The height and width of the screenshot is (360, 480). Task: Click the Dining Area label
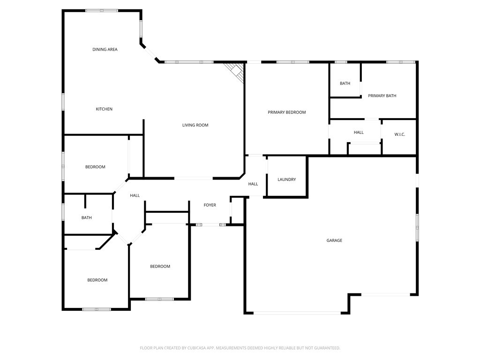105,49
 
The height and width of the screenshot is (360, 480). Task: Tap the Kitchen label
104,109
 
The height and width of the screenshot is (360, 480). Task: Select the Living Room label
195,125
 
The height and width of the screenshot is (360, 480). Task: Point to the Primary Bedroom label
286,112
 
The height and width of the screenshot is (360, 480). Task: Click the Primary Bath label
382,96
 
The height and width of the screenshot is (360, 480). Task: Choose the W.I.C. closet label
399,135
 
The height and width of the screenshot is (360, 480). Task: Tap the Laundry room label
286,180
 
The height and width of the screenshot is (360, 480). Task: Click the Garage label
334,240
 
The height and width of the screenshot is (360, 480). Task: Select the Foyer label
210,205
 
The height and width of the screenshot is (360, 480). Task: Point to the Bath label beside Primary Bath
345,83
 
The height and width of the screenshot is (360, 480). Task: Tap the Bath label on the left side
86,217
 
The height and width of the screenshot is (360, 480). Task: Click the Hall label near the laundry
253,184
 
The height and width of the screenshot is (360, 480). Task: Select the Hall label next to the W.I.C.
359,132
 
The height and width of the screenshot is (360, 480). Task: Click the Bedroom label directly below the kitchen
95,167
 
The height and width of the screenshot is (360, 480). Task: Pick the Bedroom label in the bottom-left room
97,280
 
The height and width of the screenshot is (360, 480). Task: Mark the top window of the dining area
101,10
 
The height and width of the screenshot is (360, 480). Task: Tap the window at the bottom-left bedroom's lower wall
97,309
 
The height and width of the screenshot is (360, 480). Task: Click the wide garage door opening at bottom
297,313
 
